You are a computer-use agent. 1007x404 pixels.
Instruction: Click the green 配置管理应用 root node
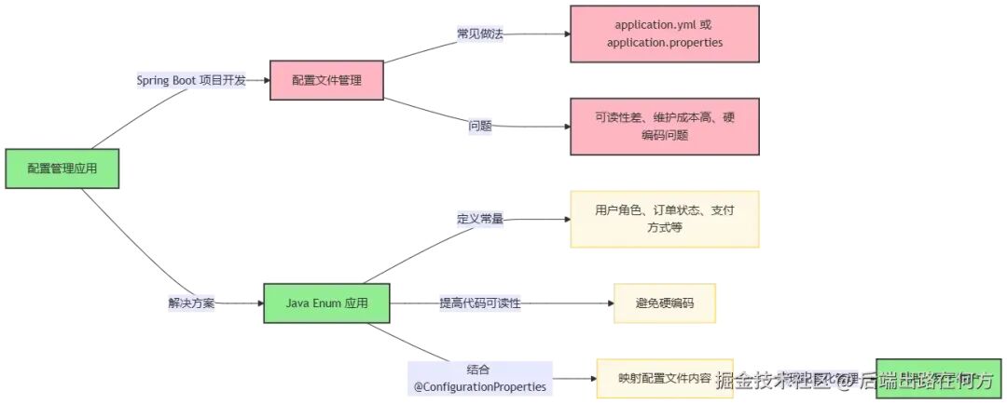click(62, 168)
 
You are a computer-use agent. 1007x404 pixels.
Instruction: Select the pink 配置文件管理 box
click(327, 80)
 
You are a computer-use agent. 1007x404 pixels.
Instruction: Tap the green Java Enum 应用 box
click(326, 303)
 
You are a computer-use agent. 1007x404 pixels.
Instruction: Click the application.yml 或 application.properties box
click(664, 34)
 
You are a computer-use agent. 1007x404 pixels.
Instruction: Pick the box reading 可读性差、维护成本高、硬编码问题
click(664, 127)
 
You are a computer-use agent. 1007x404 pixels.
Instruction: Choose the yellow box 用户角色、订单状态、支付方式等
click(664, 219)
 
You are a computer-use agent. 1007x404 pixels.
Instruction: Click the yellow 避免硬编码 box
click(664, 303)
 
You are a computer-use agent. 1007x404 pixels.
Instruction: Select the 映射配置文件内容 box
click(664, 379)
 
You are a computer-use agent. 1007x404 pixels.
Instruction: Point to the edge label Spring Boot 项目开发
click(191, 80)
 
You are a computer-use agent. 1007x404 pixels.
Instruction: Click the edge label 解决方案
click(191, 303)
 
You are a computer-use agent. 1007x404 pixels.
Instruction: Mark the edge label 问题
click(480, 126)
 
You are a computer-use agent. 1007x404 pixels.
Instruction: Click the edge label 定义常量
click(479, 219)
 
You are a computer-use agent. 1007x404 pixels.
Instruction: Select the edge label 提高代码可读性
click(479, 303)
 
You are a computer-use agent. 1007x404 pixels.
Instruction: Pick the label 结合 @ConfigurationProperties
click(479, 377)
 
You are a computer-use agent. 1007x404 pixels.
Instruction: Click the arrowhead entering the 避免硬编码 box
click(609, 303)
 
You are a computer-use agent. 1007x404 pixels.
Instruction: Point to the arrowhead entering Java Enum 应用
click(259, 303)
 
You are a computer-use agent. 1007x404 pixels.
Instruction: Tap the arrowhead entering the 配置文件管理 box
click(265, 80)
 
